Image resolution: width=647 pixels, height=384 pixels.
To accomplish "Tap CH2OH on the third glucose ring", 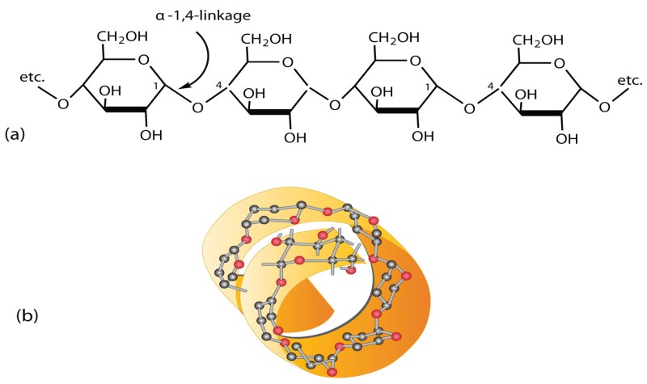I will click(394, 36).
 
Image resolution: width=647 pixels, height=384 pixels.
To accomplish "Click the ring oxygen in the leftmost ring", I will click(143, 58).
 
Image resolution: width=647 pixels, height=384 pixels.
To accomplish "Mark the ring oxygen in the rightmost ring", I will click(557, 58).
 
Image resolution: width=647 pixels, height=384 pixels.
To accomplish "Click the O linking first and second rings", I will click(197, 106).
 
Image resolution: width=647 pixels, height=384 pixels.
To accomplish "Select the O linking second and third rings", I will click(334, 105).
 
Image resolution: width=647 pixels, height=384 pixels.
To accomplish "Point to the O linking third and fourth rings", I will click(470, 106).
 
